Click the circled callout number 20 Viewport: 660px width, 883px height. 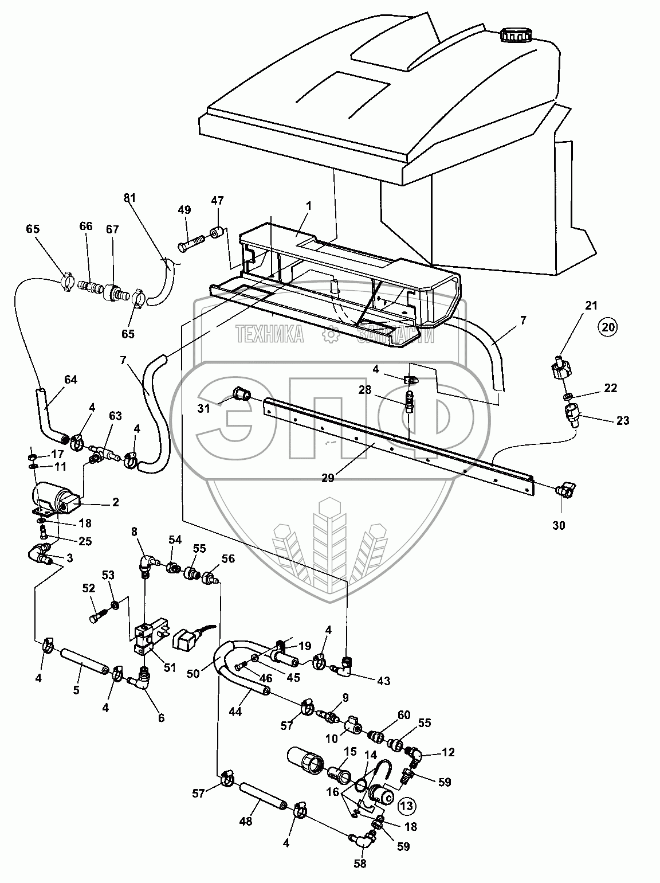(x=608, y=327)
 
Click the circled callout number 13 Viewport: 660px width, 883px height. (x=407, y=806)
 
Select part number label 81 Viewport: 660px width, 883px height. (x=129, y=198)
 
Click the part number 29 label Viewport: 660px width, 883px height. (x=328, y=478)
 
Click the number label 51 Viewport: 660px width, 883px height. (x=170, y=667)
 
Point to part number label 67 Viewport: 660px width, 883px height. (x=112, y=229)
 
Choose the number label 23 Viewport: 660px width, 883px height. (x=622, y=420)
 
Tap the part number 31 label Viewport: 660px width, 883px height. (x=204, y=408)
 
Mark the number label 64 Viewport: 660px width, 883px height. (x=70, y=380)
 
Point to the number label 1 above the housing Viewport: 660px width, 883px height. (x=309, y=206)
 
